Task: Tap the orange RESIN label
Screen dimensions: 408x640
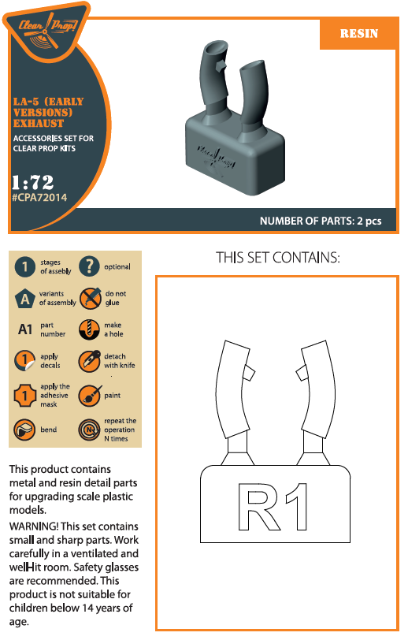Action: click(358, 33)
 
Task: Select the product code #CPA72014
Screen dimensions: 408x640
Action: click(39, 198)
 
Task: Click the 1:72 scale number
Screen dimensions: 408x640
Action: click(32, 182)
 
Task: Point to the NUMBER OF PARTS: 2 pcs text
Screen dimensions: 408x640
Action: click(321, 221)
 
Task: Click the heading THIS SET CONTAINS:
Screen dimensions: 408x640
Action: click(277, 258)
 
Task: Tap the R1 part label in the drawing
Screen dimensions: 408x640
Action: click(273, 507)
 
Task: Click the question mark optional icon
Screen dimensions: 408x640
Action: click(89, 266)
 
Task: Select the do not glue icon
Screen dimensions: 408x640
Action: click(90, 298)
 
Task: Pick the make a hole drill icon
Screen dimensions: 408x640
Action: click(89, 329)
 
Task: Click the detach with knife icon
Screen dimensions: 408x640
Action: click(89, 361)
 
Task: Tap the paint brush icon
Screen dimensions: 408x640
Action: click(89, 395)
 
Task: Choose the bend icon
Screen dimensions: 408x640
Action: click(24, 430)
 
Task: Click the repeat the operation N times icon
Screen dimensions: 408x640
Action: click(89, 430)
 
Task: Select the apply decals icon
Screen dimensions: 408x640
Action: click(24, 361)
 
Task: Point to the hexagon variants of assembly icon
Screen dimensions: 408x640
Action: click(25, 299)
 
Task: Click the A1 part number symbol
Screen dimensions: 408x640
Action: click(25, 329)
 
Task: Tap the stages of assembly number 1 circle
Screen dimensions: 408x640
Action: click(25, 267)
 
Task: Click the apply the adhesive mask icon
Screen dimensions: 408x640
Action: click(24, 396)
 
